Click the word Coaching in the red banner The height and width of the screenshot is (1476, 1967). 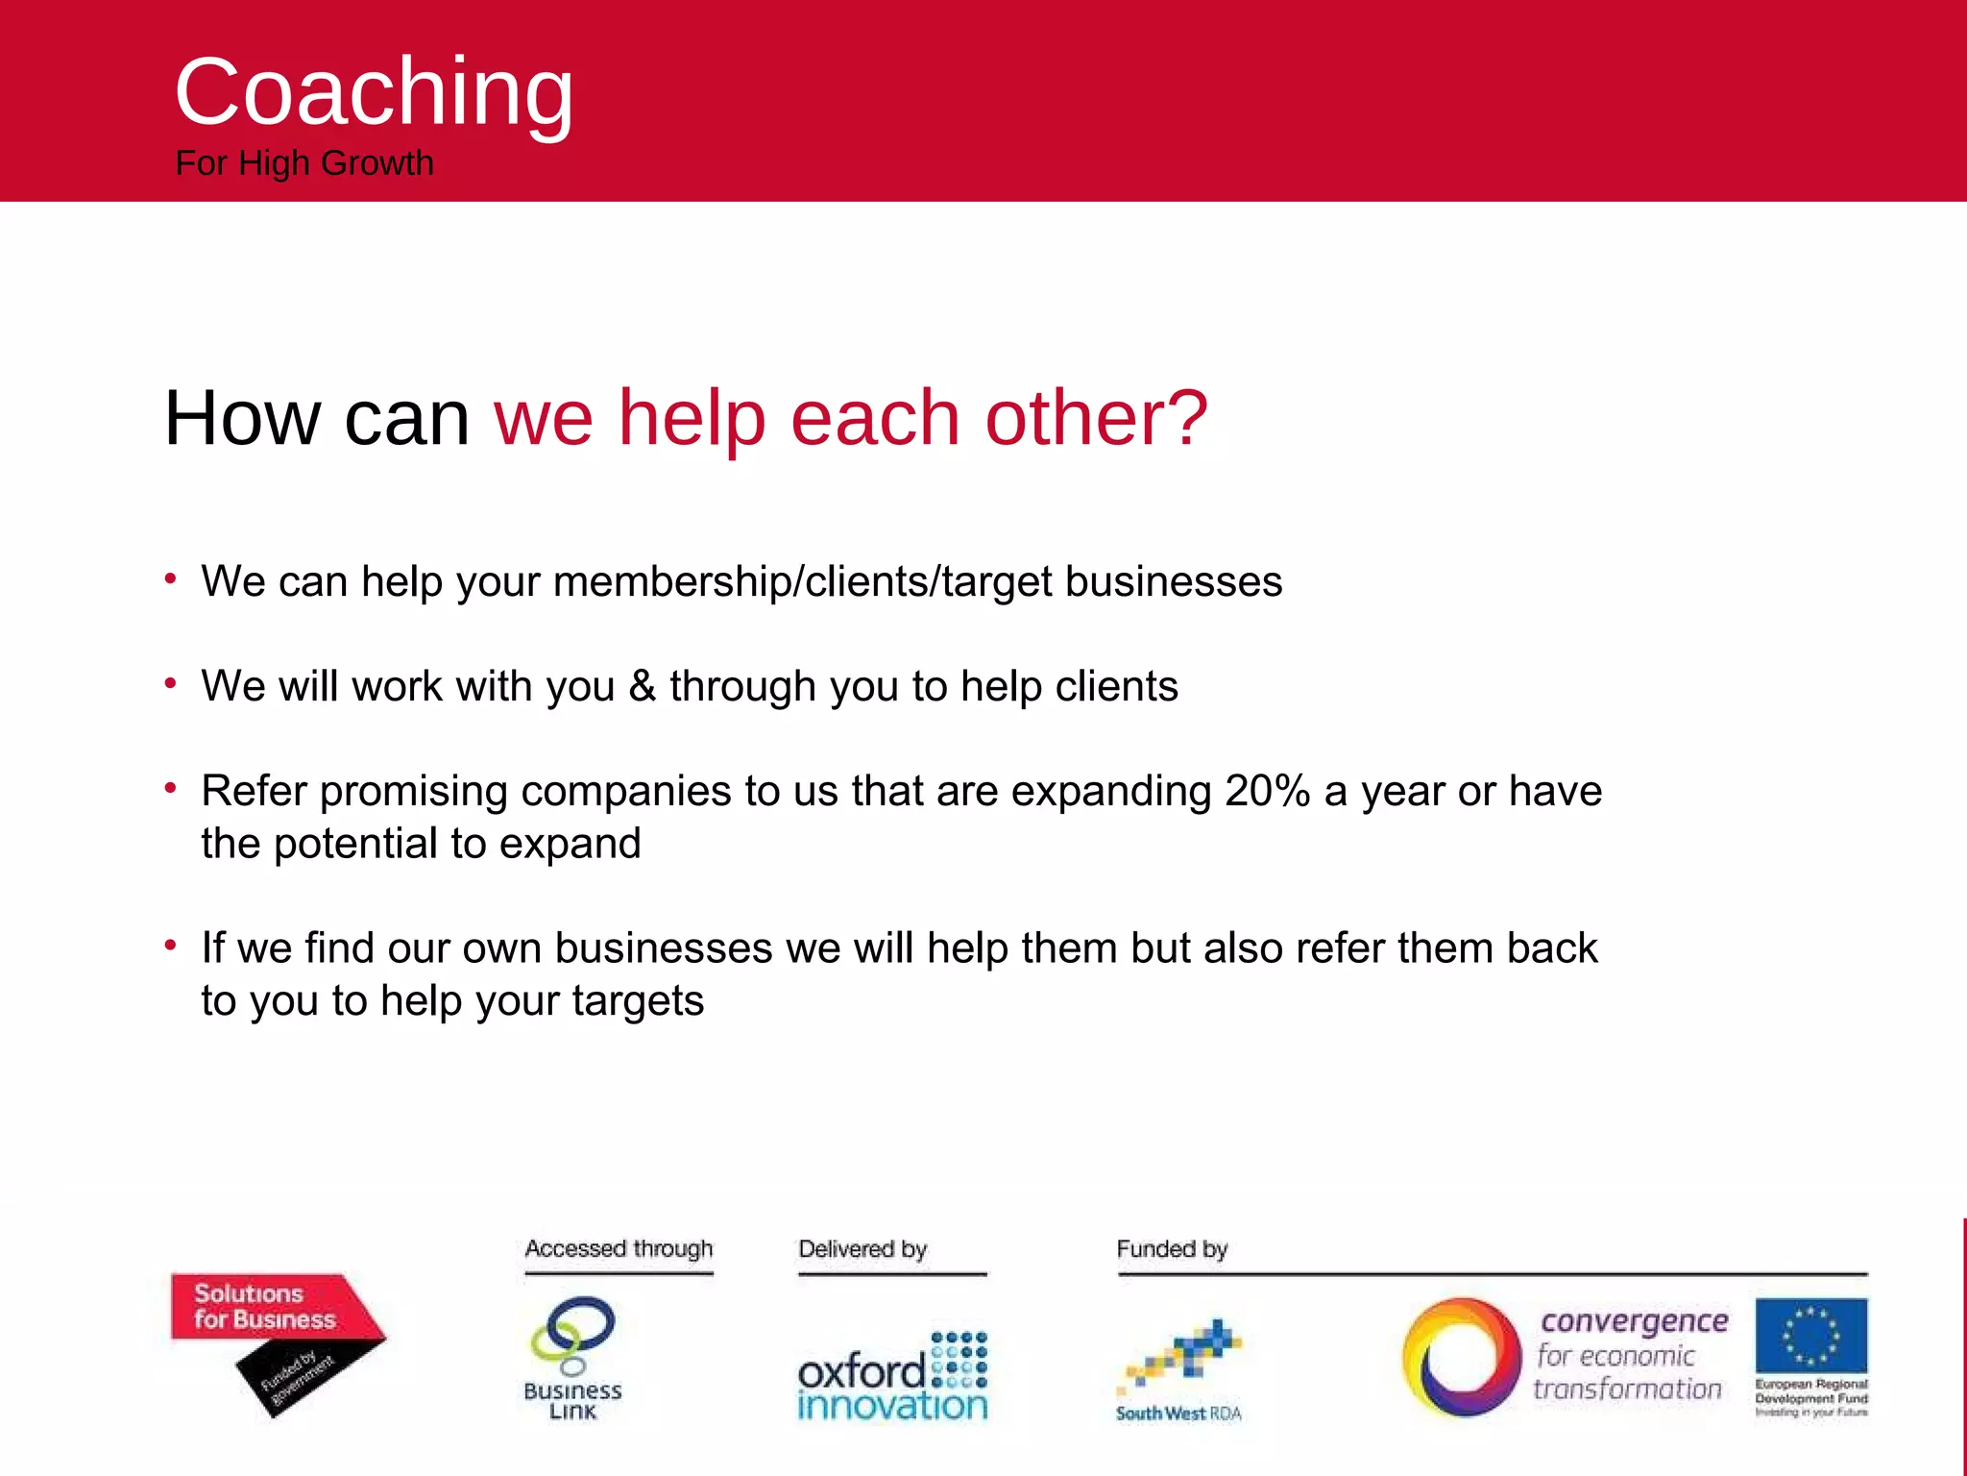pyautogui.click(x=374, y=92)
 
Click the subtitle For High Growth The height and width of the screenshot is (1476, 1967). pyautogui.click(x=304, y=163)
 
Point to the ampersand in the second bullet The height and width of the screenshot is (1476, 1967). pyautogui.click(x=642, y=686)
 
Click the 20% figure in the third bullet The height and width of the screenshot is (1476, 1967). pyautogui.click(x=1267, y=791)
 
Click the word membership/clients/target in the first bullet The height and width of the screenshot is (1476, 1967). pyautogui.click(x=802, y=582)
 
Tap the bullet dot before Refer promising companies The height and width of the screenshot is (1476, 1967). pyautogui.click(x=171, y=789)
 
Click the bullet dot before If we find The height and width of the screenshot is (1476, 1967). pyautogui.click(x=171, y=946)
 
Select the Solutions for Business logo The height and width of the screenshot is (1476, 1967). pyautogui.click(x=277, y=1342)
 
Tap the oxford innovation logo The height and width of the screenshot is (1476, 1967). pyautogui.click(x=892, y=1376)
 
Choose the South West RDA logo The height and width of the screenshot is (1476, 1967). pyautogui.click(x=1179, y=1369)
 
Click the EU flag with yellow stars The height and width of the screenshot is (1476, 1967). pyautogui.click(x=1810, y=1335)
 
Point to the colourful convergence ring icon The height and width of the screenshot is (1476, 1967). pyautogui.click(x=1461, y=1357)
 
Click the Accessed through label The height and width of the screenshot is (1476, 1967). pyautogui.click(x=619, y=1249)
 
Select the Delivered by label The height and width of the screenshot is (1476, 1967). pyautogui.click(x=862, y=1249)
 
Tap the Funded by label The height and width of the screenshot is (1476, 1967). pyautogui.click(x=1172, y=1249)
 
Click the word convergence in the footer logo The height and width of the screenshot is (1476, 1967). pyautogui.click(x=1634, y=1321)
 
